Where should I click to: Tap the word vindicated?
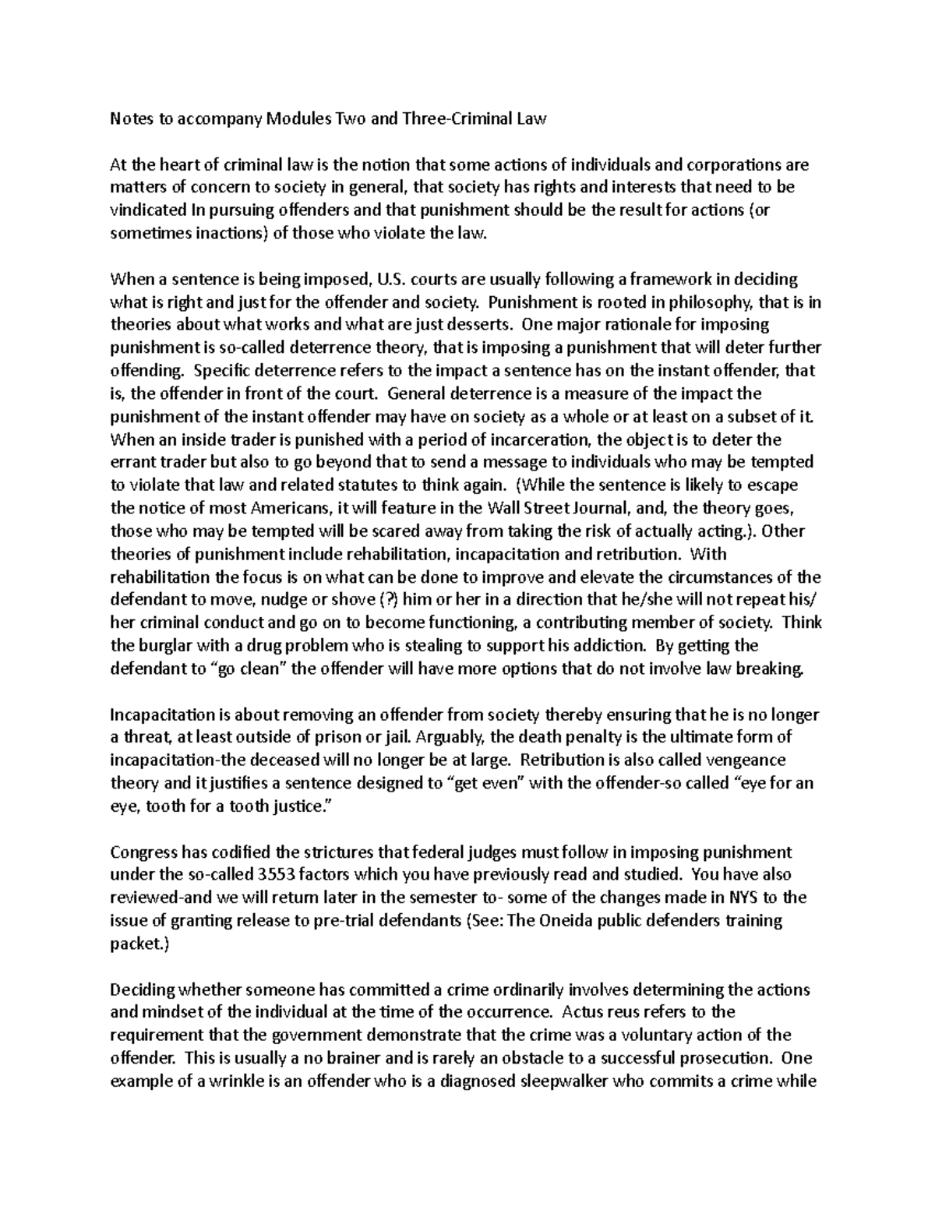[x=148, y=211]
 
